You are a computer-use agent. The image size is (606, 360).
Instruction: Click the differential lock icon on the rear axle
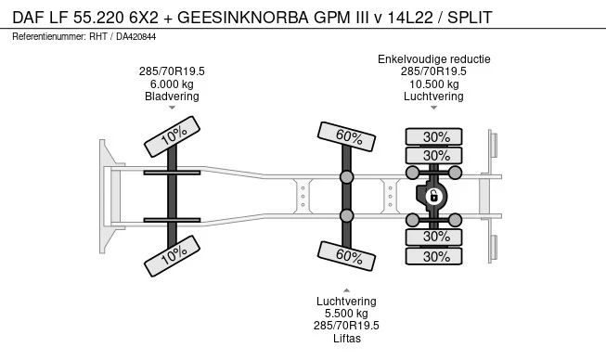433,197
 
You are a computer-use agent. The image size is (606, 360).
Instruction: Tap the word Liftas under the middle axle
347,339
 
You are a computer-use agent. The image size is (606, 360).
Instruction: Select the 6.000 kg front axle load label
172,84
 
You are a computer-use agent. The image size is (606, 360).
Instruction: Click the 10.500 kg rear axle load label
434,84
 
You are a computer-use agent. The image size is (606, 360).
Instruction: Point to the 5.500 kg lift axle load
346,314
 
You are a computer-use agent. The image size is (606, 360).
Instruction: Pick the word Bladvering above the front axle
172,96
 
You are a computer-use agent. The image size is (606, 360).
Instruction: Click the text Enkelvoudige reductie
434,59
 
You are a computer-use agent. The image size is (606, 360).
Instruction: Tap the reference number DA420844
136,37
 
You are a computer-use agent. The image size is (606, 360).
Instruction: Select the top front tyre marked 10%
172,136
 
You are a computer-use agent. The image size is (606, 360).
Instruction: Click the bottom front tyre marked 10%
172,256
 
